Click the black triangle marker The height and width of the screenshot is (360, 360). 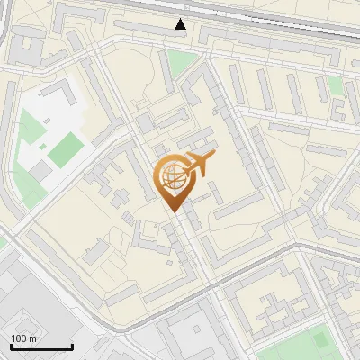[181, 24]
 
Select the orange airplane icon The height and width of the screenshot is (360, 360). [200, 165]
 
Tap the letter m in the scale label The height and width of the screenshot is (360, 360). [34, 338]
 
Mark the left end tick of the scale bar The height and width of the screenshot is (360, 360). [11, 346]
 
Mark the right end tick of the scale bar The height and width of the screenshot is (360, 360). [72, 346]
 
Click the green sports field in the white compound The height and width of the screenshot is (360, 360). [65, 149]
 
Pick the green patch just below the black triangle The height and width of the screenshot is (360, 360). [184, 63]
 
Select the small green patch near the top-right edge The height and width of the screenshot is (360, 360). [336, 85]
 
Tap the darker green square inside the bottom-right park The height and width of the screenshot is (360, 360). [321, 340]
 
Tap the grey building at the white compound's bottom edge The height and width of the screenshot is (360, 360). [40, 168]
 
